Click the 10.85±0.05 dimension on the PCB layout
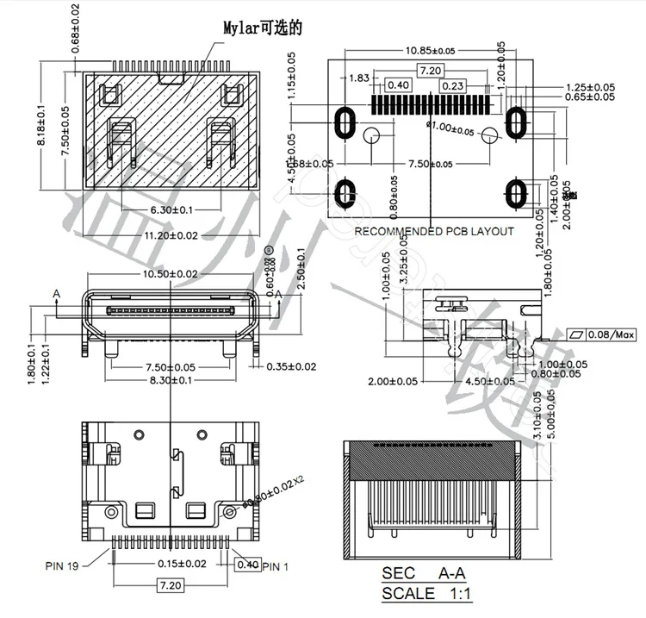click(428, 50)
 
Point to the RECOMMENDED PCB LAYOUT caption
click(434, 231)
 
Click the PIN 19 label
click(63, 566)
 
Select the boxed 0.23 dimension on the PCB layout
click(453, 85)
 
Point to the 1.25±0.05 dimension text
click(590, 87)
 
